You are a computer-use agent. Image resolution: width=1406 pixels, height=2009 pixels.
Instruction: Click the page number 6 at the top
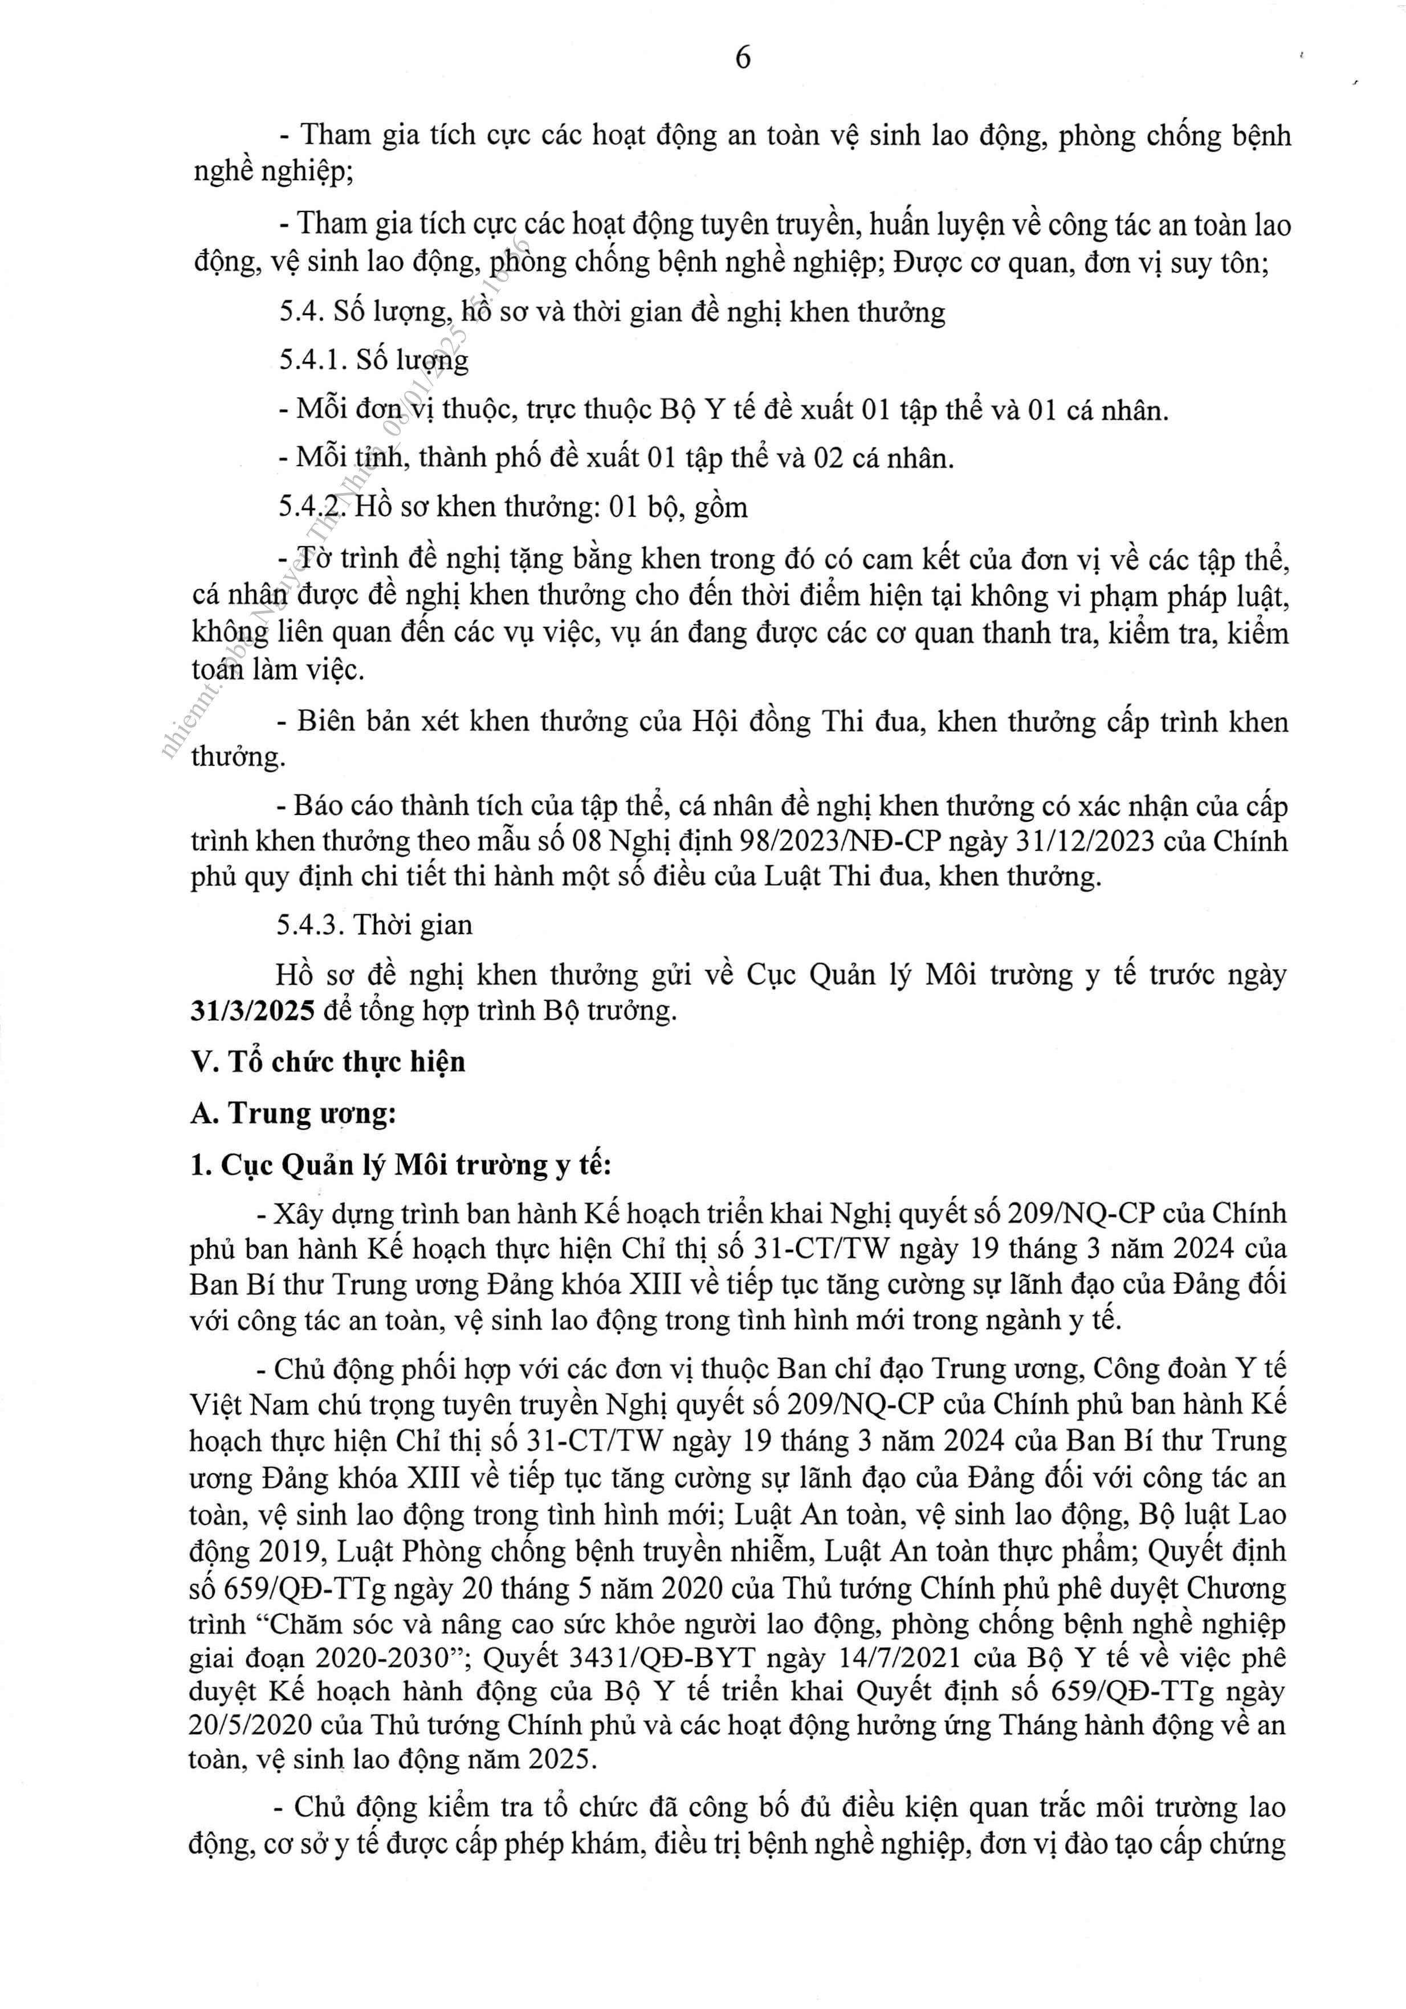pos(743,58)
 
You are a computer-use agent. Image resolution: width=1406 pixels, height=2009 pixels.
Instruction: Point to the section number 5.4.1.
pos(312,360)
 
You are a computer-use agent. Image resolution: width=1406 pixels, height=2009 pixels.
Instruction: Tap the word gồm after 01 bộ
pos(720,507)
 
